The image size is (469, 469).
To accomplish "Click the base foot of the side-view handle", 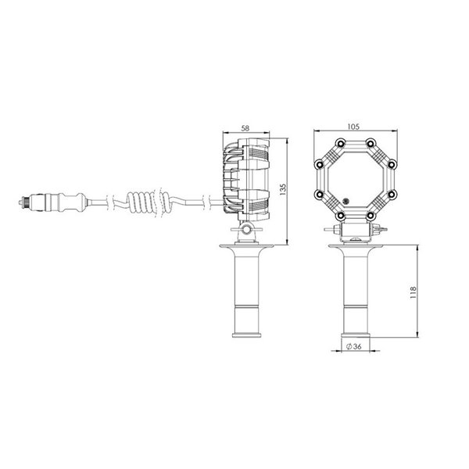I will click(x=247, y=335).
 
